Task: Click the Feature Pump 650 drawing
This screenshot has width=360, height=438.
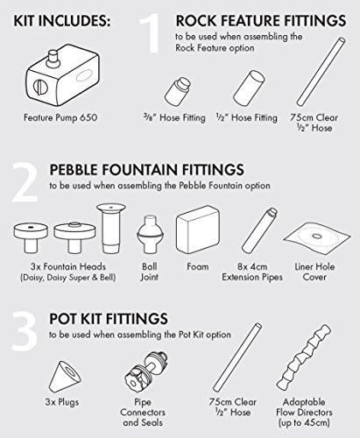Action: [63, 75]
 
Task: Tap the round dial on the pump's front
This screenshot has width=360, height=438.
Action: [40, 88]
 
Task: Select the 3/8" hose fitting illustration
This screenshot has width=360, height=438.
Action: [178, 91]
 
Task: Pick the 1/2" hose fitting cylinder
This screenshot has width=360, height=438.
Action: [249, 87]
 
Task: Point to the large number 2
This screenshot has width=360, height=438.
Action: [25, 182]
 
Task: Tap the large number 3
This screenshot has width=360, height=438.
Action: [25, 331]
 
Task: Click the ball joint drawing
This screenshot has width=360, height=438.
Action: [151, 235]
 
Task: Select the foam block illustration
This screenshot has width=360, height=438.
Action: [198, 229]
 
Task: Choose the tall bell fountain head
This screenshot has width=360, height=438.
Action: [111, 228]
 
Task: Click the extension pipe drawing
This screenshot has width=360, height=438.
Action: [259, 230]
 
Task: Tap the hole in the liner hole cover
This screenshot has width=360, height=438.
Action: [316, 236]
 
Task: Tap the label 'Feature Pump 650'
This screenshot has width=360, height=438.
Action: [60, 117]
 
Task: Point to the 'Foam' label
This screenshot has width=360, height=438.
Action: [198, 266]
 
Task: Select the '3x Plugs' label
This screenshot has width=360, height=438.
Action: [62, 402]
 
